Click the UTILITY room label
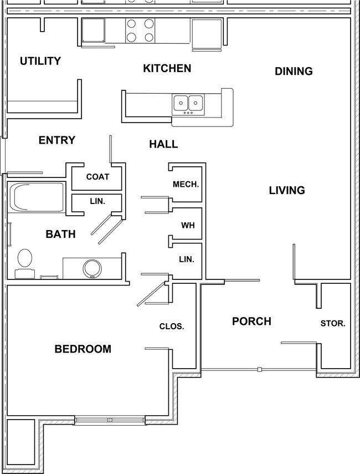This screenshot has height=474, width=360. [40, 61]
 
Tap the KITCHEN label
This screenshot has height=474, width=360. [167, 68]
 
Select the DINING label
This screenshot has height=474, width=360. [294, 71]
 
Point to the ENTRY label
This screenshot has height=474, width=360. [56, 140]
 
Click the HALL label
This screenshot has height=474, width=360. [163, 144]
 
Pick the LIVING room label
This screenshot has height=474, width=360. [287, 190]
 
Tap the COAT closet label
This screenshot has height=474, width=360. [97, 177]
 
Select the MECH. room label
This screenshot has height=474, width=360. [186, 184]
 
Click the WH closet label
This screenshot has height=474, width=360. [187, 226]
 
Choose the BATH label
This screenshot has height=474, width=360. [60, 235]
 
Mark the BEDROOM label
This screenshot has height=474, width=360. [83, 349]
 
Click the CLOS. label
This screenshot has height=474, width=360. [171, 327]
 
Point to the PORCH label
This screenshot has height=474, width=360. [251, 321]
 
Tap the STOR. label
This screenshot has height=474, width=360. [333, 323]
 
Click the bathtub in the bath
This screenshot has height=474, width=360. [35, 198]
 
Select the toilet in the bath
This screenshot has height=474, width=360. [24, 262]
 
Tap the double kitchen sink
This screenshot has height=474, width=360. [188, 103]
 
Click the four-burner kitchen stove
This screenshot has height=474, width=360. [141, 30]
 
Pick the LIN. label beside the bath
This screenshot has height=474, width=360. [97, 201]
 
